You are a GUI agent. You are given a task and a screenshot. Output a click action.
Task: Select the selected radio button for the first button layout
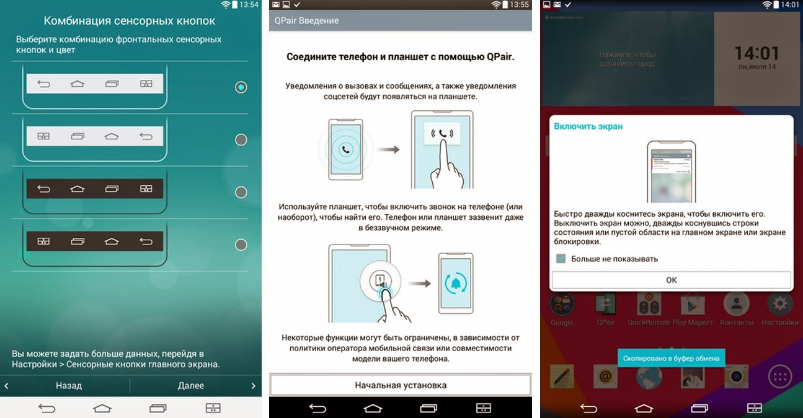pos(241,87)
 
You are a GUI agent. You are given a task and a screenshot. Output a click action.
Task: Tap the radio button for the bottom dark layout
pos(241,245)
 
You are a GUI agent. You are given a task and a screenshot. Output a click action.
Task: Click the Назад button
pos(69,385)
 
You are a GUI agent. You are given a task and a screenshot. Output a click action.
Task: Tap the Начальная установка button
pos(401,385)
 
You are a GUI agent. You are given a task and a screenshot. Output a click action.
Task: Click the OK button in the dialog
pos(671,280)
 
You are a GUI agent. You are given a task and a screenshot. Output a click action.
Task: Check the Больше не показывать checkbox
pos(561,258)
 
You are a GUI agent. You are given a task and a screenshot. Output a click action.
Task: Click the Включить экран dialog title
pos(588,126)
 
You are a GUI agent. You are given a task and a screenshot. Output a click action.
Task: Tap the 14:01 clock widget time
pos(756,53)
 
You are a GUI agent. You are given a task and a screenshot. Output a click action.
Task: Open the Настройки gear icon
pos(779,304)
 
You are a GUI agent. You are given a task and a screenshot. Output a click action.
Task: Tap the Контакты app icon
pos(736,304)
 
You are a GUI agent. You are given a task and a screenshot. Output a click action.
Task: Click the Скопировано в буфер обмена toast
pos(671,358)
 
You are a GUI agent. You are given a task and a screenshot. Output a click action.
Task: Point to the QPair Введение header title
pos(306,20)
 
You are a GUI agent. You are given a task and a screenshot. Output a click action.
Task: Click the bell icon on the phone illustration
pos(456,284)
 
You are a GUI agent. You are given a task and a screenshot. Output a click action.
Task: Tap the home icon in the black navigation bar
pos(373,408)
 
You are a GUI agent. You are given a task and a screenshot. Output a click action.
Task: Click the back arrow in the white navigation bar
pos(47,408)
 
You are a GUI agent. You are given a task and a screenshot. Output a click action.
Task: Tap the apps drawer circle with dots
pos(779,377)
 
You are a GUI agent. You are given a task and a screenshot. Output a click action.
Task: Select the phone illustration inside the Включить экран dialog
pos(672,172)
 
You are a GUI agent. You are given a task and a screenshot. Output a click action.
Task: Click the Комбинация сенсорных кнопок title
pos(130,21)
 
